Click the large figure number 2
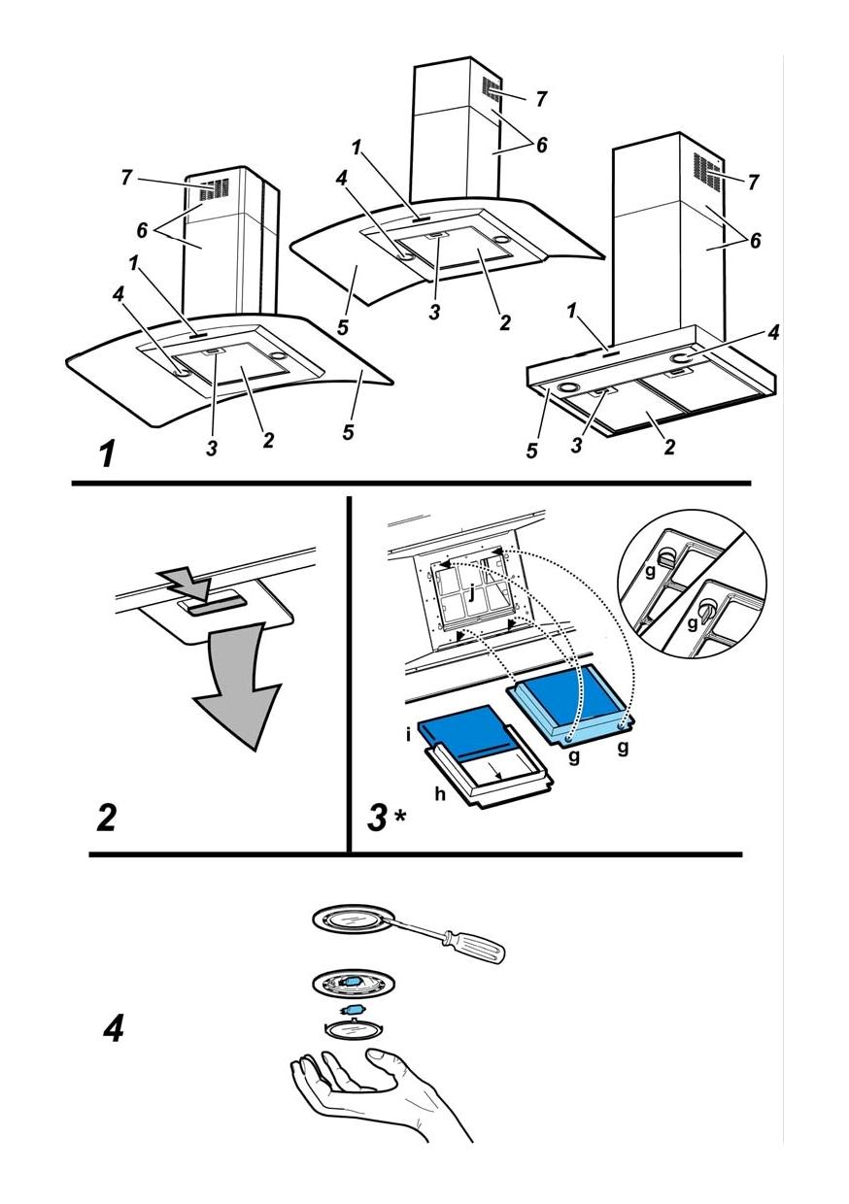click(106, 819)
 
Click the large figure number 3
click(378, 819)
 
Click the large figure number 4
click(114, 1028)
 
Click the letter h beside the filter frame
click(440, 793)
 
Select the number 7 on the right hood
click(753, 182)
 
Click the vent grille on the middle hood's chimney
click(491, 93)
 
